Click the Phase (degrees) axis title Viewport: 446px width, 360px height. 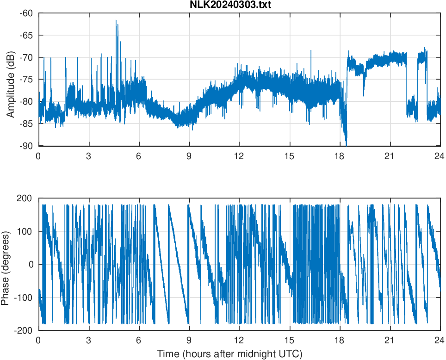tap(6, 264)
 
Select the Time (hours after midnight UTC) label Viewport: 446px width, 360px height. tap(229, 354)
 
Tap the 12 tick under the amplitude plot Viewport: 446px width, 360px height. tap(239, 156)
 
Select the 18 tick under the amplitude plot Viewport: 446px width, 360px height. tap(340, 156)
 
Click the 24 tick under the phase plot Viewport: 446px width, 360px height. tap(440, 340)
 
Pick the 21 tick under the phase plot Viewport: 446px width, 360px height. tap(390, 340)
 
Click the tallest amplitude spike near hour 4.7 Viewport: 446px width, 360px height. tap(117, 21)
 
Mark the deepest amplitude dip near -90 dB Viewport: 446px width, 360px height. tap(346, 144)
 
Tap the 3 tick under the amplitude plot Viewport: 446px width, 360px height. tap(89, 156)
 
